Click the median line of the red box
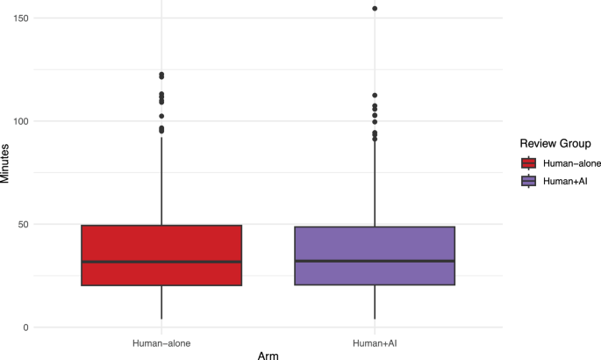click(x=161, y=262)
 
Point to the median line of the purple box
click(x=375, y=261)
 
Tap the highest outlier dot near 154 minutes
click(x=375, y=9)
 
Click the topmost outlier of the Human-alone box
click(x=161, y=75)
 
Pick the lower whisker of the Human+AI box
click(x=375, y=302)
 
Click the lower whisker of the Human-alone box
click(x=161, y=302)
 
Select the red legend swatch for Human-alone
click(x=529, y=162)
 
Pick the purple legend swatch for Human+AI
click(x=529, y=181)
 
